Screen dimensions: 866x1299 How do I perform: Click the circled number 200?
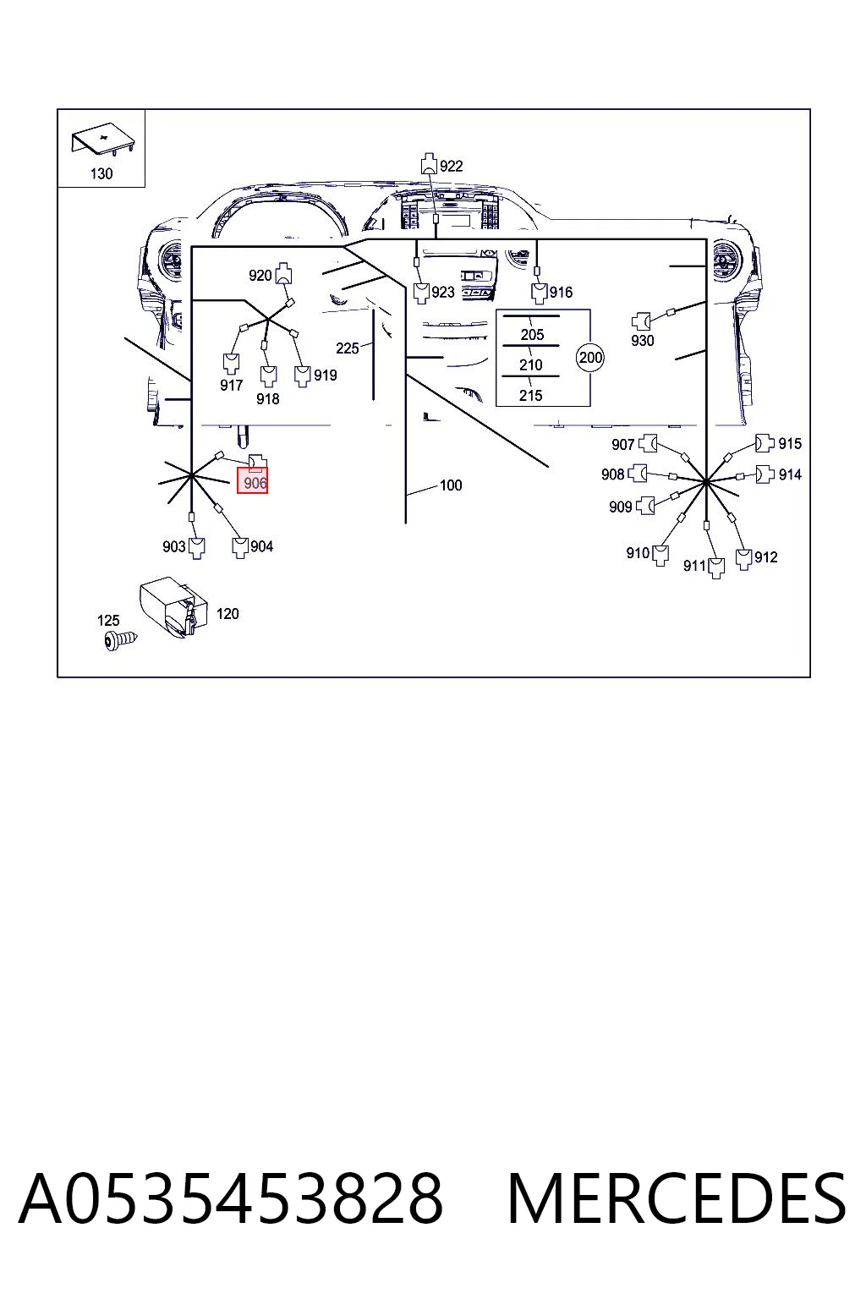pyautogui.click(x=590, y=358)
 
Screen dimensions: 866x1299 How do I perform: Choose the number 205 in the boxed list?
pyautogui.click(x=532, y=335)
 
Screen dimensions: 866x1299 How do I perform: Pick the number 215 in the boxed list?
pyautogui.click(x=531, y=396)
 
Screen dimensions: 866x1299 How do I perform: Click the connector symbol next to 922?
pyautogui.click(x=429, y=163)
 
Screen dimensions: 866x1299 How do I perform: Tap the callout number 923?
pyautogui.click(x=443, y=293)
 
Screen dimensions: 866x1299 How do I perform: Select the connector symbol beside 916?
pyautogui.click(x=540, y=293)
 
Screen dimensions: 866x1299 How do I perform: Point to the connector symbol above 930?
pyautogui.click(x=641, y=321)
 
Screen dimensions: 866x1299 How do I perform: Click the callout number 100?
pyautogui.click(x=451, y=485)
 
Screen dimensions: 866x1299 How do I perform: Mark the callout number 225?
pyautogui.click(x=348, y=348)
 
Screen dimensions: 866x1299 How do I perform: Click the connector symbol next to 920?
pyautogui.click(x=283, y=273)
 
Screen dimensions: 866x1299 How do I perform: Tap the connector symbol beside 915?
pyautogui.click(x=765, y=444)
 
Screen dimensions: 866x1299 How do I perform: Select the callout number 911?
pyautogui.click(x=694, y=566)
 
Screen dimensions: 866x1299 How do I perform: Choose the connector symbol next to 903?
pyautogui.click(x=198, y=548)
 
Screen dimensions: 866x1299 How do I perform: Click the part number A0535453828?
pyautogui.click(x=231, y=1198)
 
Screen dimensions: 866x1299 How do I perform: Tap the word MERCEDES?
pyautogui.click(x=677, y=1198)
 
